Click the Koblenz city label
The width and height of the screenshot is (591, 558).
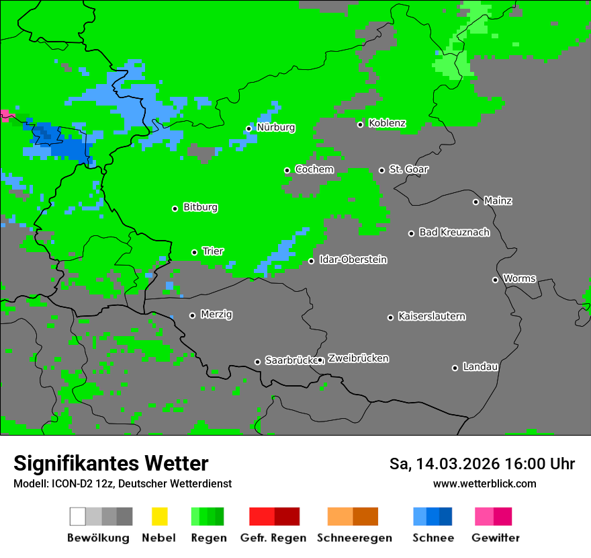click(x=387, y=124)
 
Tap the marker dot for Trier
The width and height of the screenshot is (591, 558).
click(x=195, y=252)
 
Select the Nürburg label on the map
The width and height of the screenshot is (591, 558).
click(x=275, y=128)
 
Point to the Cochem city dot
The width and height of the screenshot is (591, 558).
click(x=287, y=170)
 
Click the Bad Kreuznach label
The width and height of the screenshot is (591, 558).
click(x=454, y=233)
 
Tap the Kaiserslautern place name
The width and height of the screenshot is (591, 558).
click(x=431, y=317)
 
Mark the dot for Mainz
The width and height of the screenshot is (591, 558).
click(x=475, y=202)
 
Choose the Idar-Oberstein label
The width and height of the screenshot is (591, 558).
click(x=353, y=260)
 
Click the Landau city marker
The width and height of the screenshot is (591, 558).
click(x=455, y=368)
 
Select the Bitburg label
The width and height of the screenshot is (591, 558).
click(x=200, y=208)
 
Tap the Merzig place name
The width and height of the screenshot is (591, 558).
click(x=216, y=315)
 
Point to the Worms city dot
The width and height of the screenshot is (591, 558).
click(x=495, y=280)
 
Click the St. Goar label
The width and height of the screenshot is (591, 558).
click(x=408, y=169)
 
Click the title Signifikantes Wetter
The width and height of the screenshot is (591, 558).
click(x=111, y=464)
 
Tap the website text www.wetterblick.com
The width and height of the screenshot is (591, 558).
click(x=484, y=484)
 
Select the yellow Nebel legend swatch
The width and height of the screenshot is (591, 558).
click(x=159, y=516)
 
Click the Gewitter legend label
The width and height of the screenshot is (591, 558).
click(x=496, y=538)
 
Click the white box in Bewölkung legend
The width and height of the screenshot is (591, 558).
click(x=78, y=516)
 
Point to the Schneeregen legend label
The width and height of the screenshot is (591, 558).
click(x=355, y=538)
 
